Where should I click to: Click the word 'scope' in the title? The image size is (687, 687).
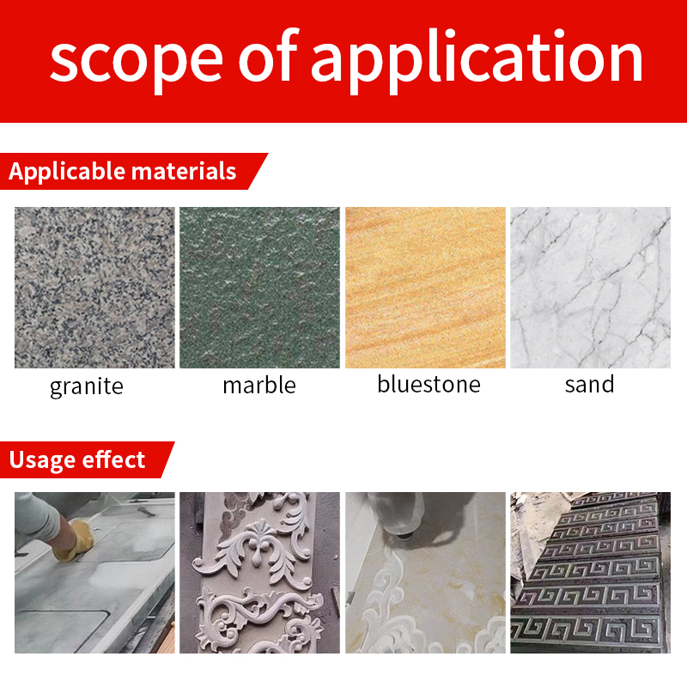coord(137,60)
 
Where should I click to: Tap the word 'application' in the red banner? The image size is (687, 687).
coord(477,59)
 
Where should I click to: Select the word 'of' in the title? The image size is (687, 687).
coord(269,55)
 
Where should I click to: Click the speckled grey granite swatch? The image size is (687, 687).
coord(94,288)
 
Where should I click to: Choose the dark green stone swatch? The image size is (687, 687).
coord(260,288)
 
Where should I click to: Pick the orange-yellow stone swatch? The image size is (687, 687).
coord(425,288)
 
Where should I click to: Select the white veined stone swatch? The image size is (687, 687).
coord(591,288)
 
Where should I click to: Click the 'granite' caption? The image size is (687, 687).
coord(87,387)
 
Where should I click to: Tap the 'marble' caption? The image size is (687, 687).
coord(259,385)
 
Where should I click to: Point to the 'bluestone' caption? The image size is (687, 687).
coord(429,384)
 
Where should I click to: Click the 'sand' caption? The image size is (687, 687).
coord(590,384)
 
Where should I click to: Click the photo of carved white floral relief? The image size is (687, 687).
coord(260,573)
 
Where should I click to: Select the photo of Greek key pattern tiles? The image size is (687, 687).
coord(591,573)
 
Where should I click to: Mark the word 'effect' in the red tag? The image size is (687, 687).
coord(113,459)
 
